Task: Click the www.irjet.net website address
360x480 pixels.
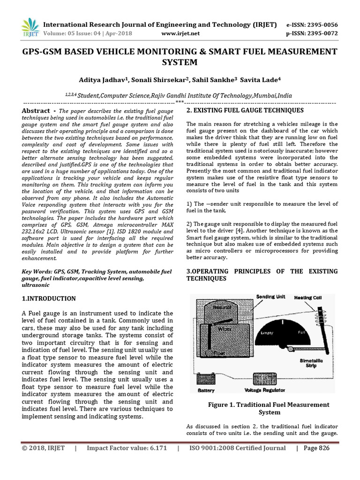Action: [180, 33]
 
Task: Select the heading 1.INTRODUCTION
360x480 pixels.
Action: [49, 299]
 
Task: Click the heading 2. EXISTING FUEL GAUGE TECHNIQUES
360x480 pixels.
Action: [245, 110]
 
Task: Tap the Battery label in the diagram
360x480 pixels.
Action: [206, 390]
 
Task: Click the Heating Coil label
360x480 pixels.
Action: [307, 298]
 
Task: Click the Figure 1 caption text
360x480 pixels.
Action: [269, 408]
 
